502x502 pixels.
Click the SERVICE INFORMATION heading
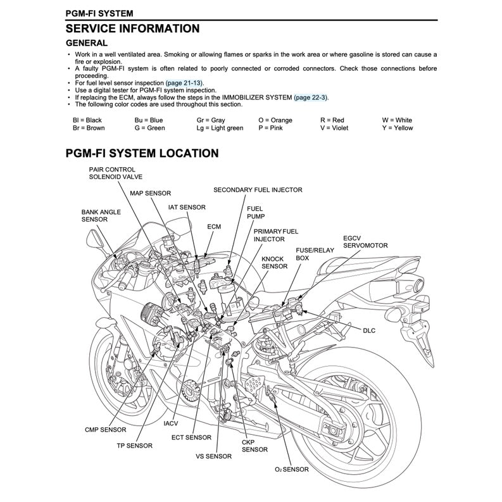(x=132, y=28)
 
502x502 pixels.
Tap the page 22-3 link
(x=311, y=97)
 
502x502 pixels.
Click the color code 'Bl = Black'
(x=87, y=120)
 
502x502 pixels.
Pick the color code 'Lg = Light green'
(x=220, y=128)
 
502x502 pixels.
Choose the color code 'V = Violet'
(x=334, y=128)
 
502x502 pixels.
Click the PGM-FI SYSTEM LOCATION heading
(x=142, y=153)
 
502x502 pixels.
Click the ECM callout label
(x=214, y=226)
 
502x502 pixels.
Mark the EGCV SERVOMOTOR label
(x=365, y=242)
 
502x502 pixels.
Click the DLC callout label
(x=369, y=330)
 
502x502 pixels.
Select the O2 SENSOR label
(x=292, y=470)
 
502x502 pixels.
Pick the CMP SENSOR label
(x=106, y=430)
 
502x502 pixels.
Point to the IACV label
(x=171, y=423)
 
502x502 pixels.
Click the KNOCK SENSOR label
(x=274, y=263)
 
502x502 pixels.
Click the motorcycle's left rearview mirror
(x=94, y=239)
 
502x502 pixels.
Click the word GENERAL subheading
(x=87, y=43)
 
